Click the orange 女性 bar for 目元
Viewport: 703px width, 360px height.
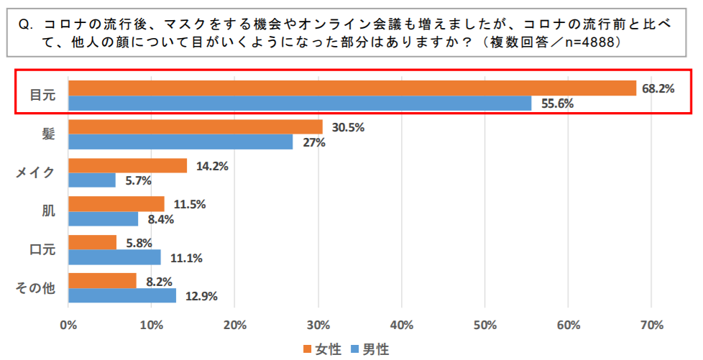pos(352,88)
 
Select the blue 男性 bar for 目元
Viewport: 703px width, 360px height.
pos(300,103)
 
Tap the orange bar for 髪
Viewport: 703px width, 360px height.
pos(196,127)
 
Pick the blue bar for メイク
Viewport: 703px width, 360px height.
pos(92,180)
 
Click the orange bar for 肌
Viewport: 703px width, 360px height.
pos(116,203)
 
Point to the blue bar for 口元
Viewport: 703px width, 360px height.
pos(114,257)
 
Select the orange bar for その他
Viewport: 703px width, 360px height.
pos(102,281)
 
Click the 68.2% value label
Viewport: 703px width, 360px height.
pos(658,88)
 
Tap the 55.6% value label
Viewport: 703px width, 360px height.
pos(553,103)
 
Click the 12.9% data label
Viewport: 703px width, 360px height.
pos(201,295)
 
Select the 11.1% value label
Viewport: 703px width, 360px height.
pos(185,257)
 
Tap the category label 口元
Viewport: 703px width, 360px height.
pos(42,250)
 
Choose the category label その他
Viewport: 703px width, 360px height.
pos(36,288)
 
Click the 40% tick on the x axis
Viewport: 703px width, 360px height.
pos(401,324)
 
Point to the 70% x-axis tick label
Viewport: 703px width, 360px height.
pos(651,324)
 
